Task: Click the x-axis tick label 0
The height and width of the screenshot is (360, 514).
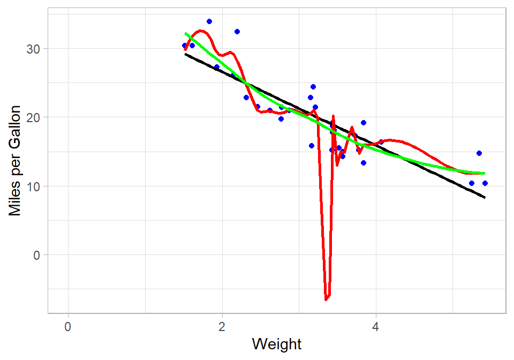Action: pyautogui.click(x=68, y=326)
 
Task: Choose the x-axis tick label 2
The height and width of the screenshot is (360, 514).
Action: pyautogui.click(x=222, y=326)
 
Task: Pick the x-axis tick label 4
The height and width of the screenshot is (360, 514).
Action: pyautogui.click(x=376, y=326)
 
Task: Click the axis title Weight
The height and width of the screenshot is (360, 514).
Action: pyautogui.click(x=277, y=344)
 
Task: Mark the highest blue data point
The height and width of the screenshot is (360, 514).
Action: pyautogui.click(x=209, y=21)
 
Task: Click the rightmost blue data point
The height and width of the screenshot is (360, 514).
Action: pyautogui.click(x=485, y=183)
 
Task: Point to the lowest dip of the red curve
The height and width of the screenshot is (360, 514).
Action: pyautogui.click(x=326, y=298)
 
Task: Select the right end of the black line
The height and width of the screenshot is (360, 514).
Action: pyautogui.click(x=485, y=198)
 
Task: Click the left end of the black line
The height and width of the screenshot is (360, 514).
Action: pyautogui.click(x=185, y=54)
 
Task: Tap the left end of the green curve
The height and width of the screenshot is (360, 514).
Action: pyautogui.click(x=185, y=33)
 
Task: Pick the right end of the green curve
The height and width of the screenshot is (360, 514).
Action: pyautogui.click(x=485, y=173)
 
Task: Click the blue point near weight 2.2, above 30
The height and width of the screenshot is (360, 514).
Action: pyautogui.click(x=237, y=32)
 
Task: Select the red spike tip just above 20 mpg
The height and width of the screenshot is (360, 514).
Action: pyautogui.click(x=333, y=116)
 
